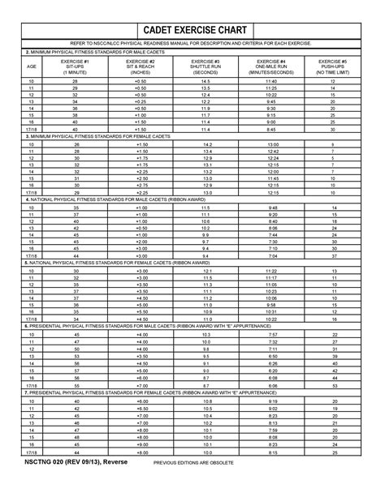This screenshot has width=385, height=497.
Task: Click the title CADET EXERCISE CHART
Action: [x=192, y=31]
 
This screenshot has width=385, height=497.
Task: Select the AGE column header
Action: [x=32, y=66]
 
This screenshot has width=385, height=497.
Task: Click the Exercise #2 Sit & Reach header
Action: [x=142, y=66]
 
